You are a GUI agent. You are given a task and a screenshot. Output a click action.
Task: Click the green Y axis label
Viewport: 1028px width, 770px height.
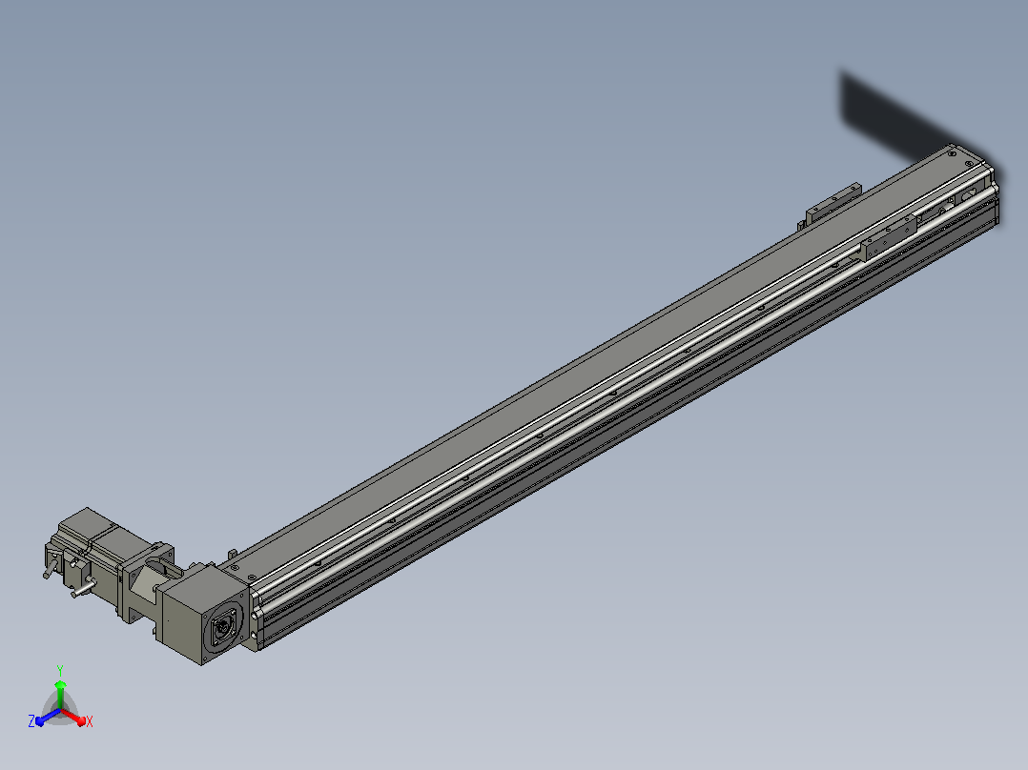[60, 670]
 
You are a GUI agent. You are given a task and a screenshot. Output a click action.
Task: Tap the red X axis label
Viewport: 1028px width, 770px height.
[90, 722]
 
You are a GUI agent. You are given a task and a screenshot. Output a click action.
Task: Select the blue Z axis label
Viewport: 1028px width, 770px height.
[31, 721]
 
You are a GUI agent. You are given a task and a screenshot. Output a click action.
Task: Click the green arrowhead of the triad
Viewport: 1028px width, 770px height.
[60, 685]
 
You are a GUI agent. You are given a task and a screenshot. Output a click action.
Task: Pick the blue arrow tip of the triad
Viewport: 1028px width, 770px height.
[40, 721]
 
